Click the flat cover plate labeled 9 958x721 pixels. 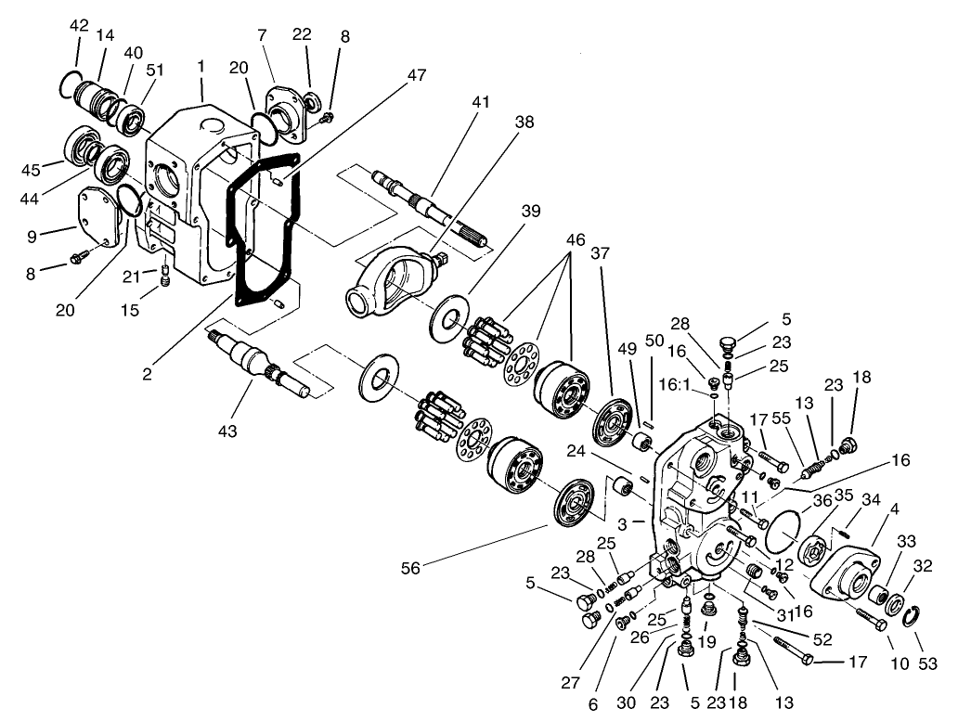98,218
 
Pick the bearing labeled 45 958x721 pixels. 82,148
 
